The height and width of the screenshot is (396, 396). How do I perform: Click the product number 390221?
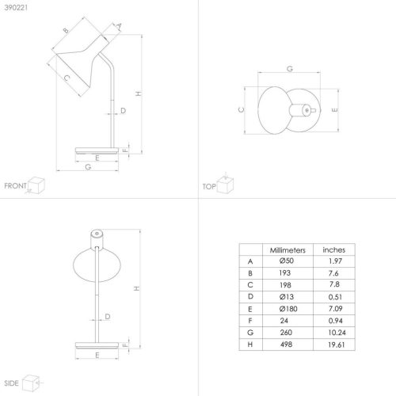coord(16,8)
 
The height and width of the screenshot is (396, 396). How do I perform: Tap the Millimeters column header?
coord(287,250)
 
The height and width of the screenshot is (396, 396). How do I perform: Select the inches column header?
coord(334,249)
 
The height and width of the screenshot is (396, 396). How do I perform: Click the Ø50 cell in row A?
coord(287,261)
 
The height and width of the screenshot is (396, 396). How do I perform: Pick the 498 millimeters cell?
coord(286,345)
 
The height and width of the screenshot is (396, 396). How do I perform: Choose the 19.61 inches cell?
coord(337,345)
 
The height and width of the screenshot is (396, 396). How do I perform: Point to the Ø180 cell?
coord(288,309)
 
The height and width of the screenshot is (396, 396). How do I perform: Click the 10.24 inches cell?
coord(337,333)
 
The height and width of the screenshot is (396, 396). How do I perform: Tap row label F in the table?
coord(250,321)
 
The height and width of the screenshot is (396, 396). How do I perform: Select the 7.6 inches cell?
coord(333,273)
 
